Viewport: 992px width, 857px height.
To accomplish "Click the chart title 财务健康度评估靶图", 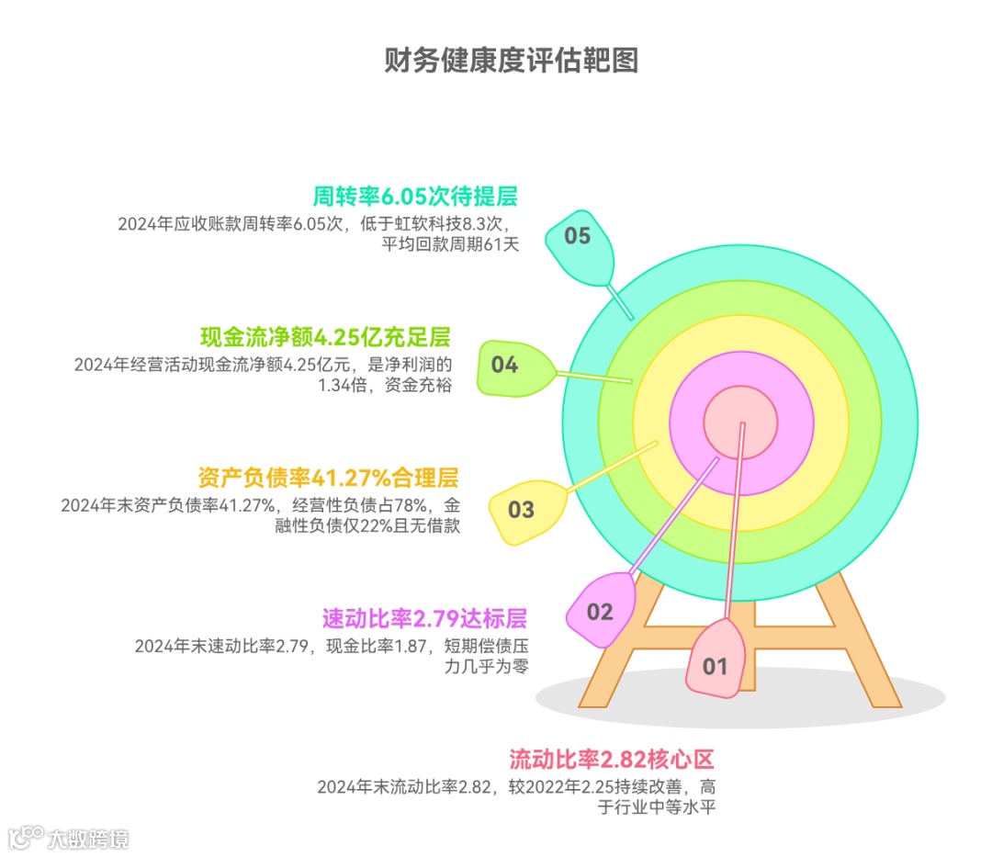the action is tap(511, 60).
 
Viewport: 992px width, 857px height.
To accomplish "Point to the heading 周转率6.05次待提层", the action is tap(415, 196).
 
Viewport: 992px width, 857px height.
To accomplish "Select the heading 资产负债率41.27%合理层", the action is tap(327, 478).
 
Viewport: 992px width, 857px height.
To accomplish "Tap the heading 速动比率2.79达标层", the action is tap(424, 616).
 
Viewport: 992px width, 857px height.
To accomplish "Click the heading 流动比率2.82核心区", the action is tap(611, 760).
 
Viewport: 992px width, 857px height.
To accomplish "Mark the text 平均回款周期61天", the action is tap(451, 245).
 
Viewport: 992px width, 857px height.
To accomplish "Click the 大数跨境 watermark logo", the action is tap(69, 836).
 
